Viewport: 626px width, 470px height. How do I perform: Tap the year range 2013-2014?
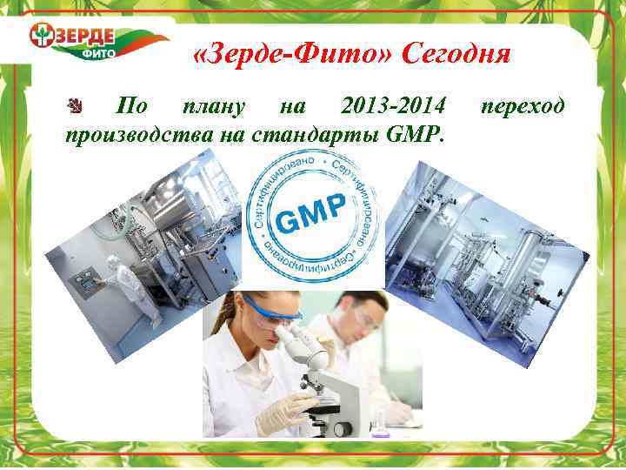[394, 107]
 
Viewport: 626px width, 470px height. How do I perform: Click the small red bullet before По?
[75, 107]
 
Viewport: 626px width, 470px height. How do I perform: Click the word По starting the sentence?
[131, 107]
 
